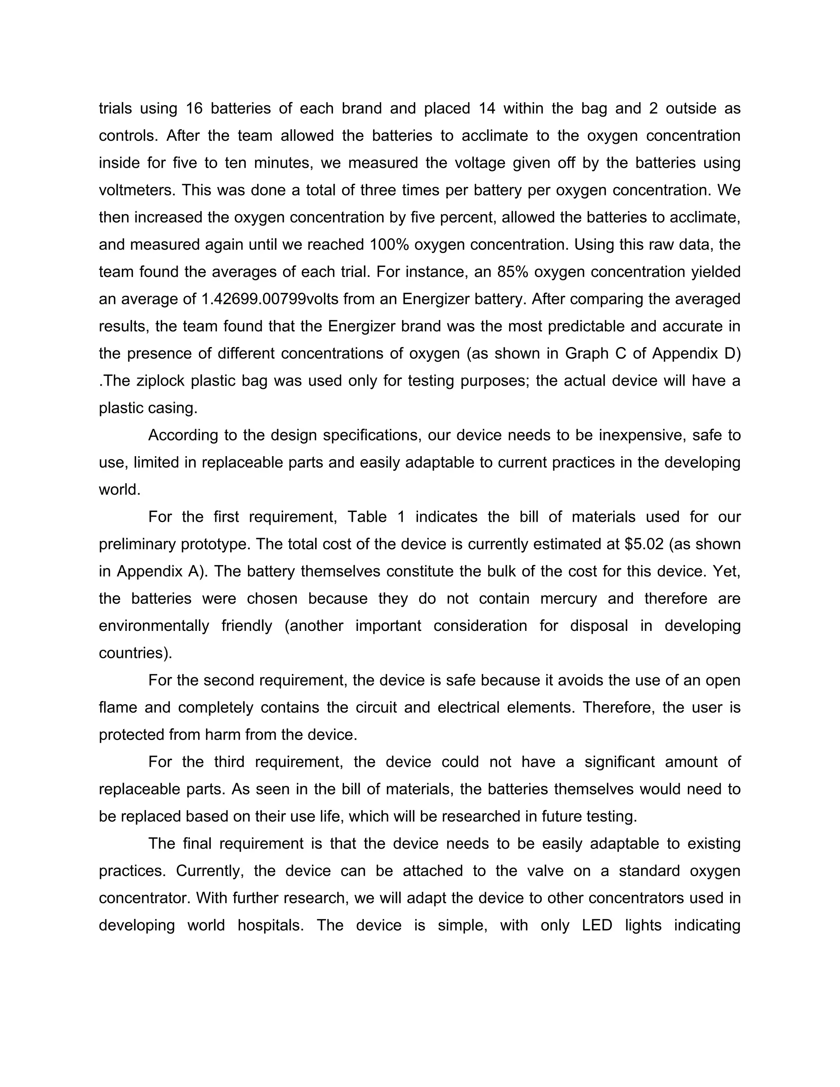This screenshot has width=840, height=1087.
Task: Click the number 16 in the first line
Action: [194, 109]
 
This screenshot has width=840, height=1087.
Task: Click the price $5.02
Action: [644, 544]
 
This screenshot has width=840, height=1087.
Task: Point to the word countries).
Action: [135, 653]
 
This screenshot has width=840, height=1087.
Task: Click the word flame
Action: [117, 707]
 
